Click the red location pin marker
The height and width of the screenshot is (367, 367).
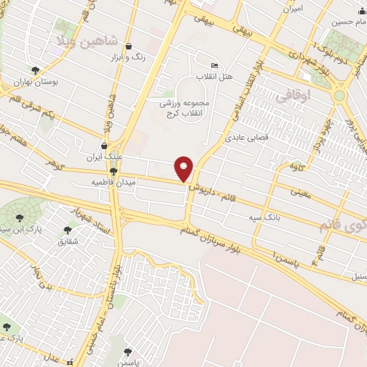184,168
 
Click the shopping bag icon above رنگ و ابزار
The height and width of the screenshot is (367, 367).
128,47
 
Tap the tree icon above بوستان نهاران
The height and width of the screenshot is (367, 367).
35,70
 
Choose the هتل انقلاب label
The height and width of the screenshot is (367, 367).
214,77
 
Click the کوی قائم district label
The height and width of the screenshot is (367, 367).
341,225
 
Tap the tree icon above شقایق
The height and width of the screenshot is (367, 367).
68,229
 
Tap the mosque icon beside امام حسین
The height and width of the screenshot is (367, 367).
335,23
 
